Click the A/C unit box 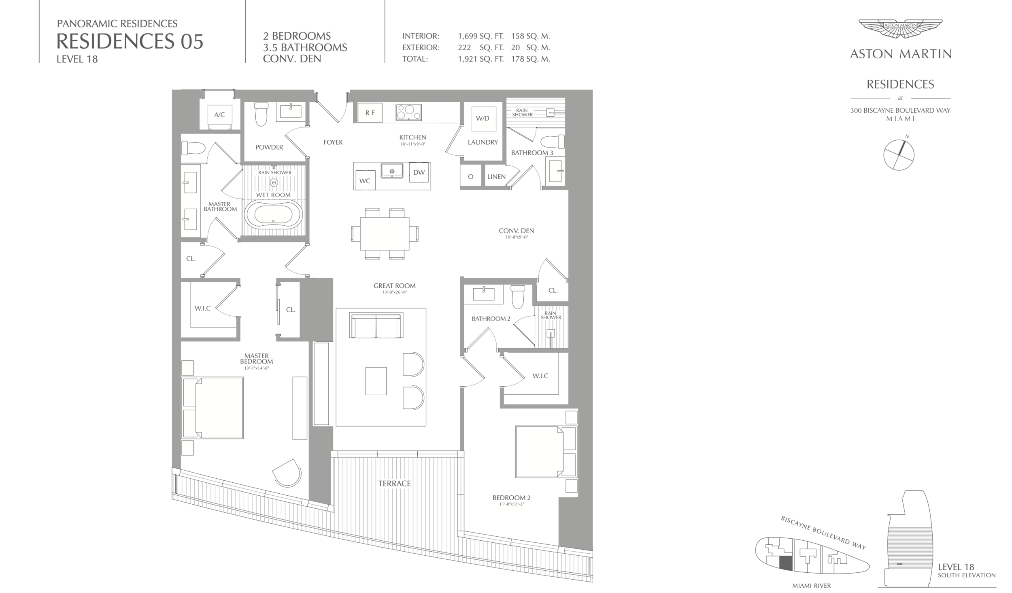(x=219, y=115)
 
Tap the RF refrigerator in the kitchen (x=370, y=113)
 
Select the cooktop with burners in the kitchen (x=408, y=112)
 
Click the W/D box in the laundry (x=483, y=118)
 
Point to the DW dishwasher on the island (x=419, y=173)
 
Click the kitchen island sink (x=392, y=171)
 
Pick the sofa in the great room (x=376, y=325)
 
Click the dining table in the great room (x=385, y=234)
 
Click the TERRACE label (x=394, y=484)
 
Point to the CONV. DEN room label (x=516, y=231)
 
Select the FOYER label (x=333, y=142)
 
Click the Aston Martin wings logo (x=900, y=28)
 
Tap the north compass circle (x=899, y=154)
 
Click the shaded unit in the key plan (x=786, y=563)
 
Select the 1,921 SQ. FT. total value (x=480, y=59)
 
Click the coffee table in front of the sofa (x=376, y=381)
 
